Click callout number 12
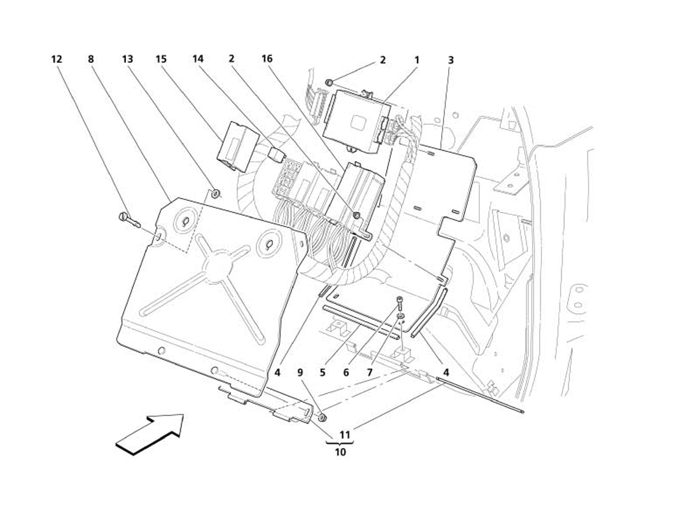[57, 59]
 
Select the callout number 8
[91, 59]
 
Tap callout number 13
[127, 59]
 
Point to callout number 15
[161, 59]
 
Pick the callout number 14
[198, 59]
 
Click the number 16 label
[267, 59]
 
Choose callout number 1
[417, 60]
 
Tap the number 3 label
[451, 60]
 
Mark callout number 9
[300, 373]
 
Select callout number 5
[323, 373]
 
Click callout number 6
[346, 373]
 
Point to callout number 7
[368, 373]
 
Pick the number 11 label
[344, 435]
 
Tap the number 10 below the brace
[340, 452]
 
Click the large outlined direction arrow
[150, 433]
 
